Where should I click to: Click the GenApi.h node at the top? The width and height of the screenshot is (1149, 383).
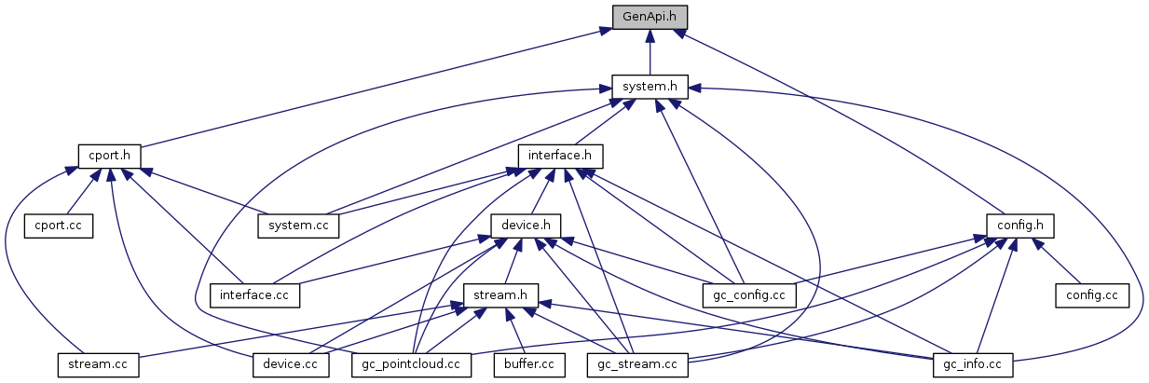[x=650, y=16]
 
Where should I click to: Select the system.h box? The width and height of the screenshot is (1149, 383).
[x=650, y=86]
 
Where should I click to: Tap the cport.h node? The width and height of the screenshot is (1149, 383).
[x=110, y=155]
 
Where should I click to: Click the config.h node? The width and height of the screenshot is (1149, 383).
[x=1020, y=225]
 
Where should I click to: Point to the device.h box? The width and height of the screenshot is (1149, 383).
[x=526, y=225]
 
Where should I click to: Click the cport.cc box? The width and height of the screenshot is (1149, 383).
[x=59, y=225]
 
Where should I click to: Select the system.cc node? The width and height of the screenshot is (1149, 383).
[x=298, y=225]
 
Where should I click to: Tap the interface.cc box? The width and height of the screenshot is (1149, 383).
[x=254, y=294]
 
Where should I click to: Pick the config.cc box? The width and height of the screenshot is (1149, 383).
[x=1091, y=294]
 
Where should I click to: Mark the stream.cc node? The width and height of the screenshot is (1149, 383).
[x=98, y=364]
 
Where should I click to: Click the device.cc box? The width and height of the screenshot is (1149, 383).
[x=291, y=364]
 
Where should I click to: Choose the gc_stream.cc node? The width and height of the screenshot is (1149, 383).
[x=637, y=364]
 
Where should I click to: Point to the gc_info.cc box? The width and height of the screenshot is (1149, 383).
[x=973, y=364]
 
